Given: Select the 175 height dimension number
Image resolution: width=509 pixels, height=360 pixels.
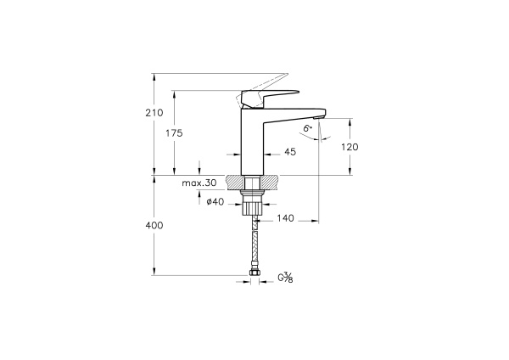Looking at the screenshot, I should tap(173, 132).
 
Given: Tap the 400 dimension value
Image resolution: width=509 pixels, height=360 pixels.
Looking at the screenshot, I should tap(154, 225).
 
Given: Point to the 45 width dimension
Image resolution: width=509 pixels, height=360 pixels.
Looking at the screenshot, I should tap(290, 152).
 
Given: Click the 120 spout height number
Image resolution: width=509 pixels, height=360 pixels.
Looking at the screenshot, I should tap(350, 147).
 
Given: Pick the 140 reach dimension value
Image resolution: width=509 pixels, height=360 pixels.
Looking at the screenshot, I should tap(284, 218).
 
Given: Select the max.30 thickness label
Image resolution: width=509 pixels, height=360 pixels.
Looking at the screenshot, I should tap(199, 183).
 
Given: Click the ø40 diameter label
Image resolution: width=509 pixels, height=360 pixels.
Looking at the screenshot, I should tap(215, 201).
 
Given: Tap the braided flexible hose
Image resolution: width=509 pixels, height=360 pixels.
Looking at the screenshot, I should tap(253, 242).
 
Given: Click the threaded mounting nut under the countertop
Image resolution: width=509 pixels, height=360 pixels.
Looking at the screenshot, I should tap(252, 203).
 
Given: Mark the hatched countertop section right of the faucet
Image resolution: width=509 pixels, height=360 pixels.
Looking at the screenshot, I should tap(271, 183).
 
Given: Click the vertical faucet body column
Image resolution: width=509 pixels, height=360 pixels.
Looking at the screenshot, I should tap(252, 140).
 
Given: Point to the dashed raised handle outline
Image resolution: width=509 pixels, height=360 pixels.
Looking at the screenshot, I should tap(271, 82).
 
